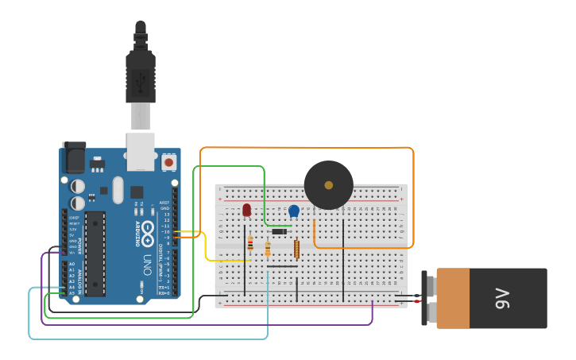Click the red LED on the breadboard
click(x=246, y=210)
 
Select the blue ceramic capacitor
click(x=294, y=211)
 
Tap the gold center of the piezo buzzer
click(x=328, y=185)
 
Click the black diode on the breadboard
click(x=279, y=231)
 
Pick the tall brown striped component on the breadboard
click(x=296, y=250)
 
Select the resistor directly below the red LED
click(x=250, y=243)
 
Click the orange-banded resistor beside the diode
click(x=268, y=250)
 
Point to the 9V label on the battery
click(x=502, y=298)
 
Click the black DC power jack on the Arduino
click(x=74, y=157)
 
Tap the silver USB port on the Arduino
click(x=141, y=151)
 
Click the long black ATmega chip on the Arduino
click(x=95, y=254)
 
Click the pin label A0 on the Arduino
click(x=72, y=264)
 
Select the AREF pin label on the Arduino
click(x=164, y=203)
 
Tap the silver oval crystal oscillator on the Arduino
click(x=118, y=190)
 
